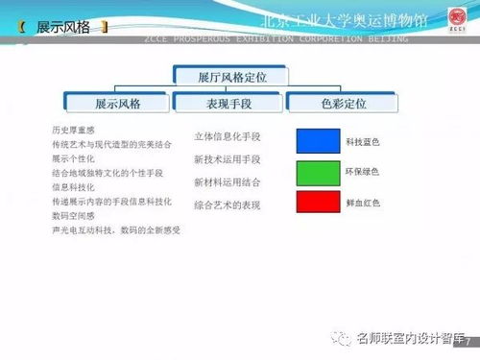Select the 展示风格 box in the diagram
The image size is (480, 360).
[118, 101]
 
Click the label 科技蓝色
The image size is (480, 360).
[363, 142]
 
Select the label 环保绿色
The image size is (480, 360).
[363, 173]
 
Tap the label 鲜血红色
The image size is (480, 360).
[363, 203]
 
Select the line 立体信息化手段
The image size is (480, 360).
[227, 136]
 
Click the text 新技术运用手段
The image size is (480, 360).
[227, 158]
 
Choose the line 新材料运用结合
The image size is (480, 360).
[227, 180]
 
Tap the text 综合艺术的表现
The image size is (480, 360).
[227, 204]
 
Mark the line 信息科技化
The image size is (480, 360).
[72, 187]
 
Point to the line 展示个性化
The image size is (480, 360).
[72, 157]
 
